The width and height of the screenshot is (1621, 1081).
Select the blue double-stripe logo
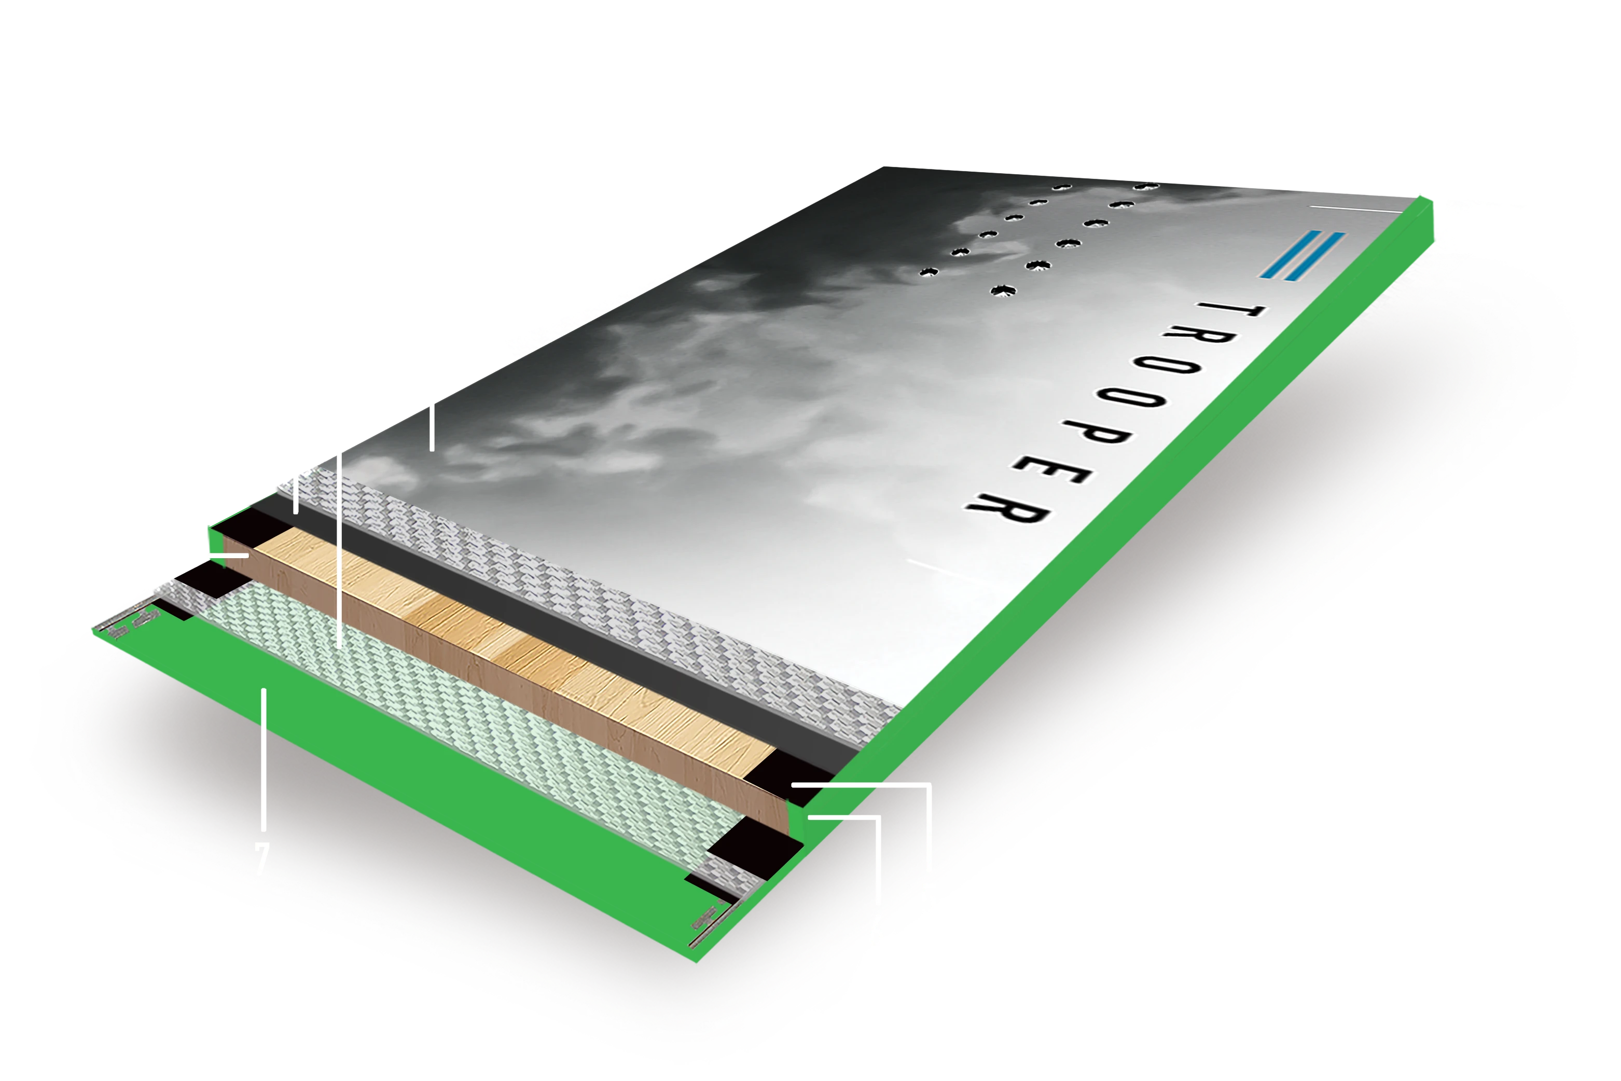click(x=1302, y=256)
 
